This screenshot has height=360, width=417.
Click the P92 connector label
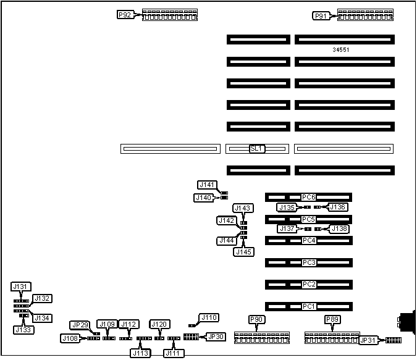pyautogui.click(x=125, y=14)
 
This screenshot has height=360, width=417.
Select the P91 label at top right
pyautogui.click(x=321, y=16)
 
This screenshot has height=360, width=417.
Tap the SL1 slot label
pyautogui.click(x=257, y=149)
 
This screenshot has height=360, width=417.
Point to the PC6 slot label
pyautogui.click(x=309, y=197)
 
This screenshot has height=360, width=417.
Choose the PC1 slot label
pyautogui.click(x=309, y=306)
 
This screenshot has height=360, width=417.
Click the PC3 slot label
pyautogui.click(x=309, y=263)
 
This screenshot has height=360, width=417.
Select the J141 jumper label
pyautogui.click(x=206, y=185)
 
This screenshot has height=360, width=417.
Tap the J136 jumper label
pyautogui.click(x=338, y=207)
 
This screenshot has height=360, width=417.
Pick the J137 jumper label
pyautogui.click(x=287, y=228)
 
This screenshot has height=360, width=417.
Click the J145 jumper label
pyautogui.click(x=243, y=251)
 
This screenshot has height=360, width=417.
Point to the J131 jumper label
pyautogui.click(x=20, y=287)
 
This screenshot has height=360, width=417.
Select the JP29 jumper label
pyautogui.click(x=80, y=325)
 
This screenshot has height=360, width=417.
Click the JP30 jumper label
pyautogui.click(x=216, y=337)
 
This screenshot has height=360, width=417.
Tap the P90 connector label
pyautogui.click(x=256, y=319)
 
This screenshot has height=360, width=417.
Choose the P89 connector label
pyautogui.click(x=332, y=319)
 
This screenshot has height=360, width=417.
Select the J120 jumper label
pyautogui.click(x=159, y=324)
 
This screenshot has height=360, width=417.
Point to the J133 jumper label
pyautogui.click(x=22, y=330)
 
